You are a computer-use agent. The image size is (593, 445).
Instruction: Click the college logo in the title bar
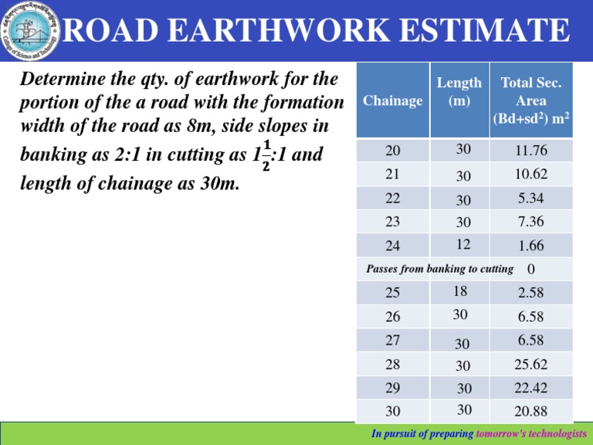pyautogui.click(x=29, y=31)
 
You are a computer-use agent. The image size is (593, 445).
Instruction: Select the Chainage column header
pyautogui.click(x=392, y=100)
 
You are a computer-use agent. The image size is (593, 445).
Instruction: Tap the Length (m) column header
pyautogui.click(x=459, y=91)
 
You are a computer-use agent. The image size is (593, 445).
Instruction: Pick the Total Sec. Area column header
pyautogui.click(x=531, y=100)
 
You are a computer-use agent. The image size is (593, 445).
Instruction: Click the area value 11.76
pyautogui.click(x=531, y=152)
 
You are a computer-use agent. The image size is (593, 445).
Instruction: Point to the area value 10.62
pyautogui.click(x=531, y=175)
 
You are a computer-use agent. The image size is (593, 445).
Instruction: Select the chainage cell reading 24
pyautogui.click(x=392, y=246)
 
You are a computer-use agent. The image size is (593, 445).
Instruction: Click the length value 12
pyautogui.click(x=463, y=244)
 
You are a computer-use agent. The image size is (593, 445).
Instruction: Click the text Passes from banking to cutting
pyautogui.click(x=439, y=269)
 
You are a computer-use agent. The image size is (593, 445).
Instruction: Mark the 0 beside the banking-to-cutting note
pyautogui.click(x=530, y=270)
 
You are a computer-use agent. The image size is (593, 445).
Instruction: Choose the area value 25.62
pyautogui.click(x=531, y=363)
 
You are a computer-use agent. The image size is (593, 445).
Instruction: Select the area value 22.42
pyautogui.click(x=531, y=386)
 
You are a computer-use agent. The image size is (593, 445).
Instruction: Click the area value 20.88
pyautogui.click(x=531, y=409)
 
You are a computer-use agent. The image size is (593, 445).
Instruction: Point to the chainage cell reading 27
pyautogui.click(x=392, y=340)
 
